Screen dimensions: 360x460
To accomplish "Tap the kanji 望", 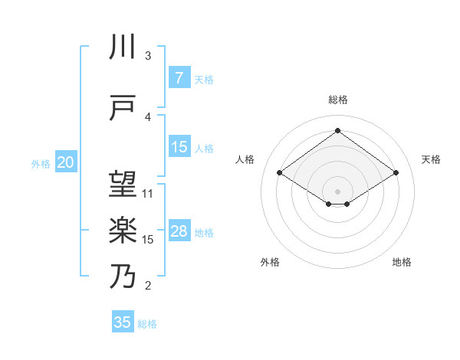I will (123, 184).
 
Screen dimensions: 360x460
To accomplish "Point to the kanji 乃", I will (123, 275).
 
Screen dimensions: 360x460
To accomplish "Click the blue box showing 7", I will (179, 78).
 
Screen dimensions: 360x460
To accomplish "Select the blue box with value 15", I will (179, 147).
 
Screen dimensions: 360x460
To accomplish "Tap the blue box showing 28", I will (179, 231).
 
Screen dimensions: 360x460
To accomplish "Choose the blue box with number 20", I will (66, 162).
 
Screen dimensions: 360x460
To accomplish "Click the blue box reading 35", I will (123, 322).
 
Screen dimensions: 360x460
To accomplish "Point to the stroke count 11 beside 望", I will (148, 193).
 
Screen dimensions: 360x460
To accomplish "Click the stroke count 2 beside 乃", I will (148, 286).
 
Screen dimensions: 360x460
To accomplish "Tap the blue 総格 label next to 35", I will (147, 324).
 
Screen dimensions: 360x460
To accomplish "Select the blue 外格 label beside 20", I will (40, 163).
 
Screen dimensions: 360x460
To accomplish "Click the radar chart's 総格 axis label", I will (337, 100).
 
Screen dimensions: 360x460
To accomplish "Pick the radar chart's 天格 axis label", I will (431, 159).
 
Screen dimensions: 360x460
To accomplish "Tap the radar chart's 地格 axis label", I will (402, 262).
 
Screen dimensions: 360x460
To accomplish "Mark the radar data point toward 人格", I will (280, 173).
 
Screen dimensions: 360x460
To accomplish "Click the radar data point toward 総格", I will (337, 131).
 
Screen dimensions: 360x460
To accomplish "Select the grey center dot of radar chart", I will (337, 190).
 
